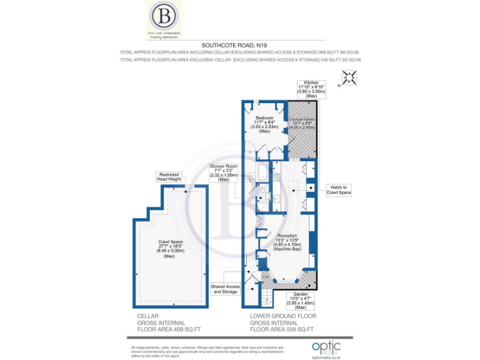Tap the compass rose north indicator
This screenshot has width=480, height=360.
[x=349, y=78]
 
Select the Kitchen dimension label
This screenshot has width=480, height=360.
[x=312, y=90]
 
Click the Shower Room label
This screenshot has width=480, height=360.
[x=224, y=172]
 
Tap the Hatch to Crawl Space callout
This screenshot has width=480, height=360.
[x=339, y=190]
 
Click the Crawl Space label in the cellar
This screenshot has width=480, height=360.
[x=168, y=248]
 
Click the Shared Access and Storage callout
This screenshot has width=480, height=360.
[x=225, y=289]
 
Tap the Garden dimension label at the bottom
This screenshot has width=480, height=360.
[x=301, y=300]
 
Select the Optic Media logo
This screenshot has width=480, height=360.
[x=327, y=347]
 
